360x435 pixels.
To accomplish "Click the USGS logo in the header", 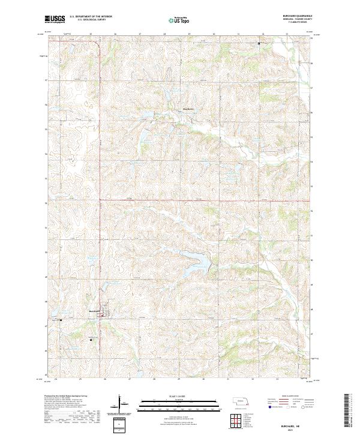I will tap(55, 20).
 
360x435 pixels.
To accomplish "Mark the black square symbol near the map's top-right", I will tap(259, 44).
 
